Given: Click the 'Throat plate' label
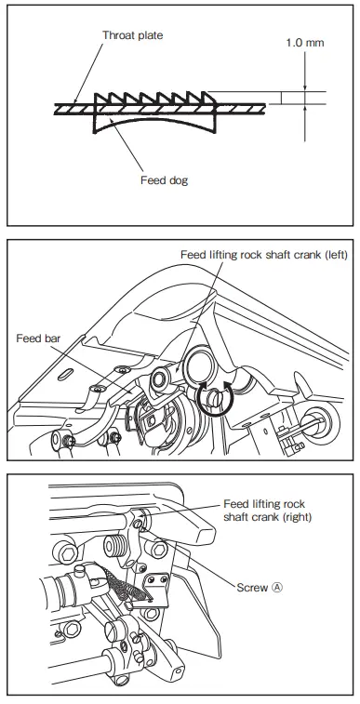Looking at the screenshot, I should (133, 36).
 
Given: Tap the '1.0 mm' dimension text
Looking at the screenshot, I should (305, 69).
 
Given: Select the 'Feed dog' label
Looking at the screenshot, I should (164, 179).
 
